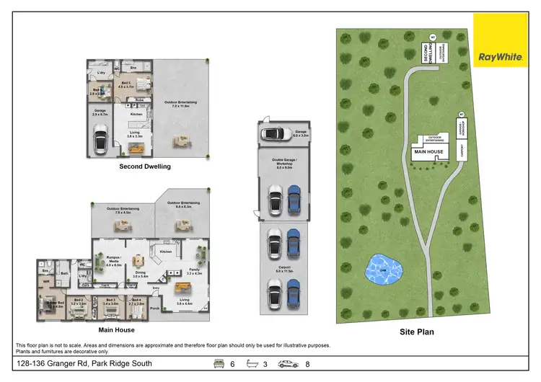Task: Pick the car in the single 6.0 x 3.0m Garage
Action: (273, 133)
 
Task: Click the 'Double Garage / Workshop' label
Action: (281, 164)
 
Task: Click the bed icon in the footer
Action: (217, 364)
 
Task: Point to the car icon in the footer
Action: (289, 364)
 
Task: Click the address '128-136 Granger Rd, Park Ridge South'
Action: (84, 364)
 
